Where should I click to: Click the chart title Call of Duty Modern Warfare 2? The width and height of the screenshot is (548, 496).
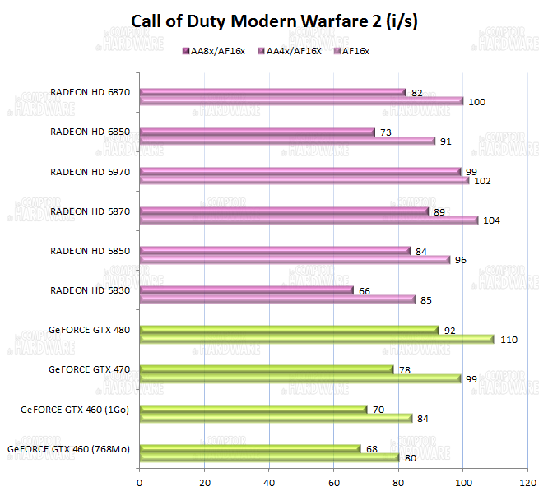coord(274,22)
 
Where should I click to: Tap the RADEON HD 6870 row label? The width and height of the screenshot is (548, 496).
coord(91,92)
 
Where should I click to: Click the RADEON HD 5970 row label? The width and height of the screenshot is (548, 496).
coord(91,172)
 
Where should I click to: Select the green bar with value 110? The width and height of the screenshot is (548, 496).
coord(317,339)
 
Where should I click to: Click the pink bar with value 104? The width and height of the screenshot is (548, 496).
coord(309,220)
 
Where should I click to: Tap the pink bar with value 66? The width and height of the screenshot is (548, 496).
coord(247,290)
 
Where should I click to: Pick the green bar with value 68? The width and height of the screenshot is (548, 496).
coord(250,448)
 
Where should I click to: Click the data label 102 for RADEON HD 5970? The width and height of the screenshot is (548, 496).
coord(483,181)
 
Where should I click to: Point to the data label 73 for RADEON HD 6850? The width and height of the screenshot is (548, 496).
coord(385,132)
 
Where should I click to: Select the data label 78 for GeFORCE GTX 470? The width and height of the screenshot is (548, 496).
coord(404,370)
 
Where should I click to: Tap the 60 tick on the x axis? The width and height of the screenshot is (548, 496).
coord(334,482)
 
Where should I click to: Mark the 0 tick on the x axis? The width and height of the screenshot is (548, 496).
coord(140,482)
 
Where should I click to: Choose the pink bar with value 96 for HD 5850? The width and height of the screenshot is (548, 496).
coord(295,260)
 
